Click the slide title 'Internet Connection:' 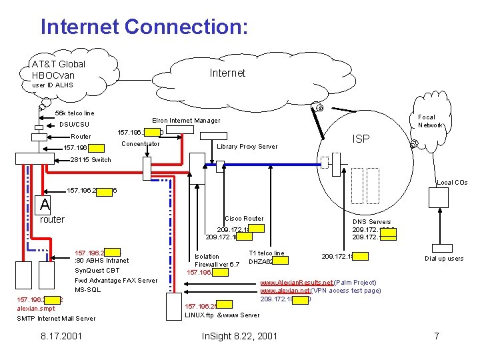click(144, 27)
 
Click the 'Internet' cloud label click(227, 73)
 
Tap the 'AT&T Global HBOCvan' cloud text click(59, 69)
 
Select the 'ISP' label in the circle click(361, 139)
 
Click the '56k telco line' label click(75, 113)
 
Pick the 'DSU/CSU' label click(74, 125)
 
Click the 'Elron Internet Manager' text click(186, 121)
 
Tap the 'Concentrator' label click(141, 144)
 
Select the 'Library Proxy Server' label click(248, 147)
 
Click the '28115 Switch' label click(91, 160)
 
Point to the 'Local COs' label click(452, 182)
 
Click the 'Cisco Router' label click(244, 219)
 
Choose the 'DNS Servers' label click(371, 222)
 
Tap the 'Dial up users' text click(444, 259)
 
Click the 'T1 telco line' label click(266, 253)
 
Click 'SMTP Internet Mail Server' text click(56, 319)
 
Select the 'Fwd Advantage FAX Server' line click(116, 280)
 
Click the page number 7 click(436, 336)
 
